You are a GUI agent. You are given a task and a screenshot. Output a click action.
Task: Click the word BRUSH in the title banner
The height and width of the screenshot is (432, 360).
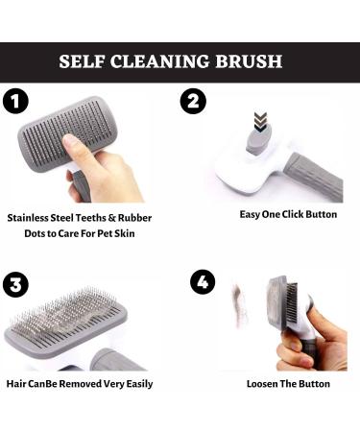tap(249, 61)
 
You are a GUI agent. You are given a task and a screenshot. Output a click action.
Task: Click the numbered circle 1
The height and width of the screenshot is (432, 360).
tap(15, 101)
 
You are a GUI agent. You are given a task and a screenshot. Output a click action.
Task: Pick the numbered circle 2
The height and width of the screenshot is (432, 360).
tap(193, 101)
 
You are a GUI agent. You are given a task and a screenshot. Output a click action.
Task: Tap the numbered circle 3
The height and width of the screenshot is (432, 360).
tap(15, 284)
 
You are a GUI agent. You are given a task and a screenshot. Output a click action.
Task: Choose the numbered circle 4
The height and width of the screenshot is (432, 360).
tap(203, 282)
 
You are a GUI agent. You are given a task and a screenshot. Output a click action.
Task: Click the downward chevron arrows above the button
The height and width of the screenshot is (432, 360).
tap(260, 121)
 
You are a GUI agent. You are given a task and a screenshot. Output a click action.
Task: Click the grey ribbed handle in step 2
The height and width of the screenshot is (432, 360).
tap(314, 177)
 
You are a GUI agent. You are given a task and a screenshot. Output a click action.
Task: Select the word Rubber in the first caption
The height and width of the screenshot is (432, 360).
tap(134, 218)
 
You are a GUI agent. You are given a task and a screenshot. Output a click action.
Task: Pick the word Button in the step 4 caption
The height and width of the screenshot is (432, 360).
tap(315, 384)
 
